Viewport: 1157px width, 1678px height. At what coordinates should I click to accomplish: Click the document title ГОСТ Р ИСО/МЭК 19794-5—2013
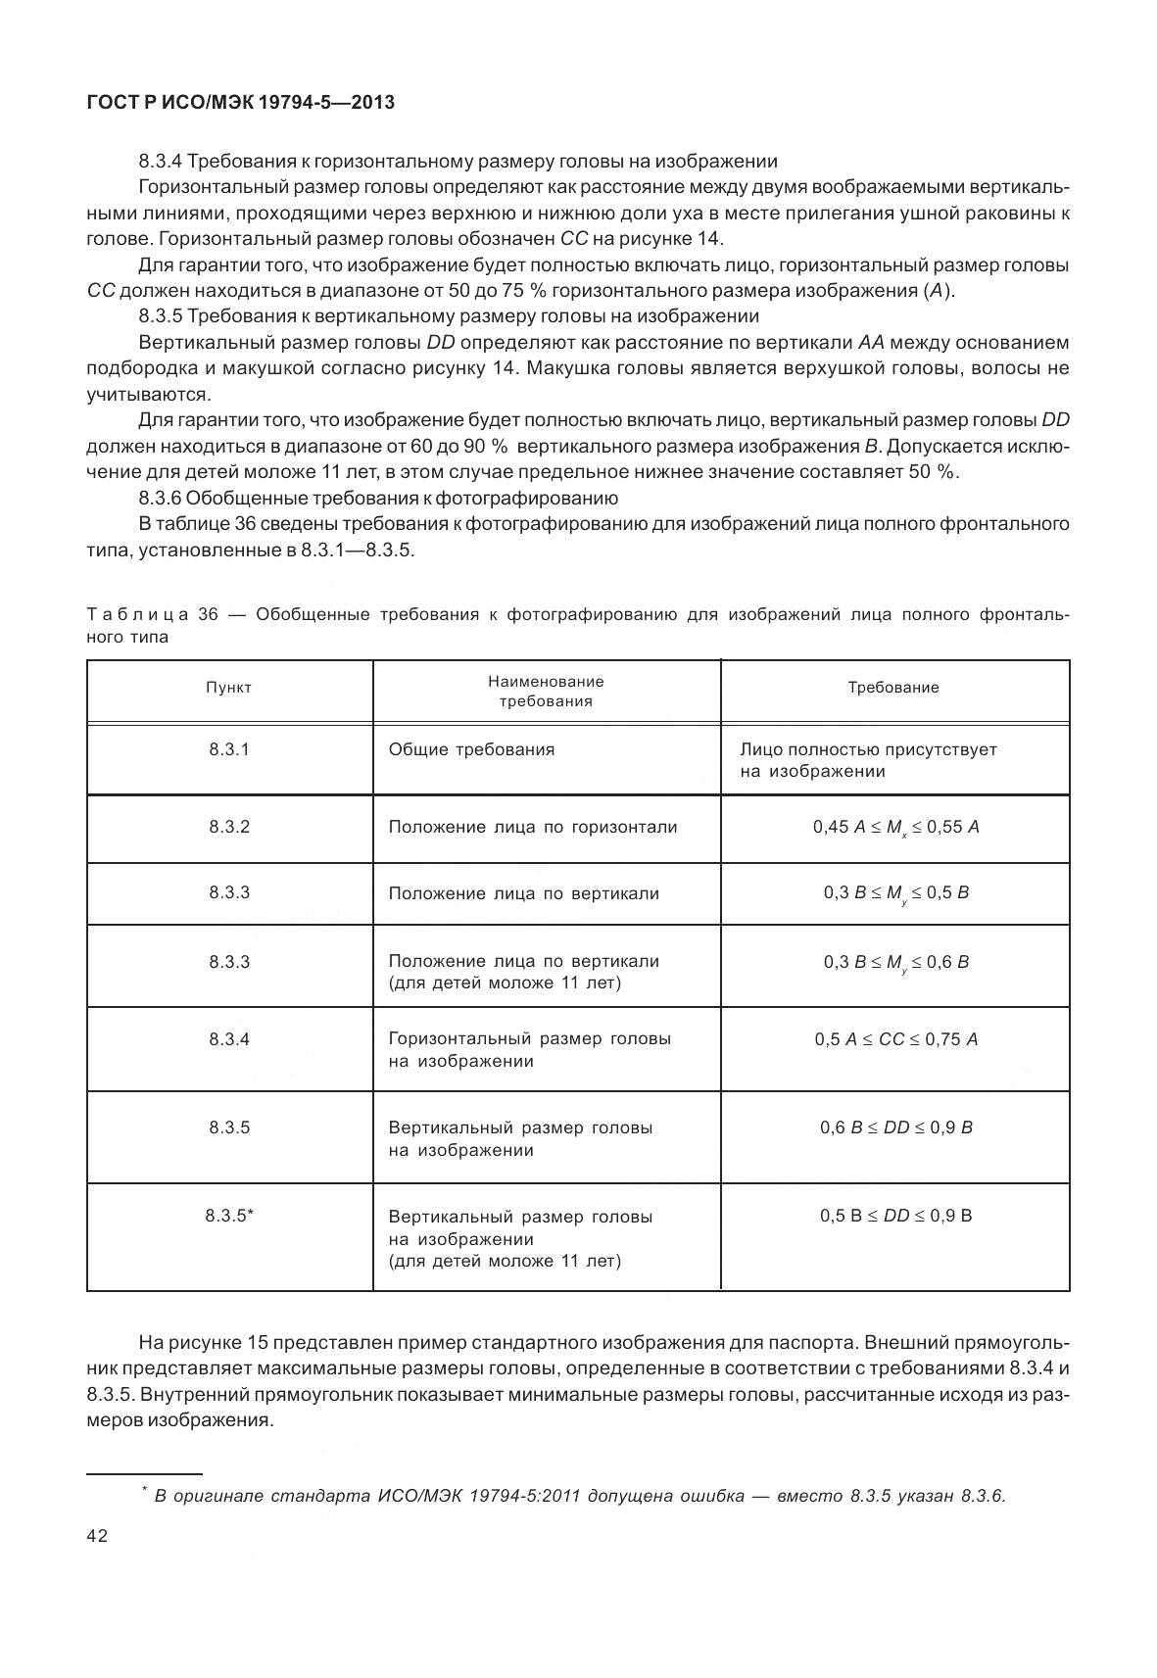[x=240, y=102]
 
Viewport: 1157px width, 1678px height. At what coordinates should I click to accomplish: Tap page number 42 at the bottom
[x=97, y=1535]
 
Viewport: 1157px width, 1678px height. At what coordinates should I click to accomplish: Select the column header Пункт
[x=228, y=688]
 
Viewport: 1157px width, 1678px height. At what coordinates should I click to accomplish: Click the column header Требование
[x=892, y=688]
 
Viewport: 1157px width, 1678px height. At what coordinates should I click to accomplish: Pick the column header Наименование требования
[x=546, y=691]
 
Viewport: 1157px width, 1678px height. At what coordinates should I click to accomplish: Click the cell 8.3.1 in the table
[x=228, y=749]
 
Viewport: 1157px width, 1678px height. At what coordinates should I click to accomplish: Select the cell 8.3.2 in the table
[x=228, y=827]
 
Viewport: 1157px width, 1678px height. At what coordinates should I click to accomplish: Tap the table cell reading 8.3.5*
[x=229, y=1216]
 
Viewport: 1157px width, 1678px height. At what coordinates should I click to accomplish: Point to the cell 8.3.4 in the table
[x=228, y=1038]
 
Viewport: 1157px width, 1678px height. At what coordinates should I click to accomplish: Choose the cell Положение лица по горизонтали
[x=532, y=827]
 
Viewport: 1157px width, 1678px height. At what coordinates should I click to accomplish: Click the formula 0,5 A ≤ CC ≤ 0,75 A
[x=895, y=1038]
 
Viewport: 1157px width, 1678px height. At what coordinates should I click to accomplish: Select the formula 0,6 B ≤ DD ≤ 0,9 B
[x=895, y=1127]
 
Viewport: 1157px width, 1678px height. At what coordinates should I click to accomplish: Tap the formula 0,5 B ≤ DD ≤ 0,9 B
[x=895, y=1216]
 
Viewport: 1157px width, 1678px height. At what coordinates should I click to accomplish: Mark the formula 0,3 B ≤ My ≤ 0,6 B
[x=895, y=962]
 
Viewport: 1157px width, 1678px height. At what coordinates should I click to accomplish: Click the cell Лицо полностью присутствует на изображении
[x=868, y=760]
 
